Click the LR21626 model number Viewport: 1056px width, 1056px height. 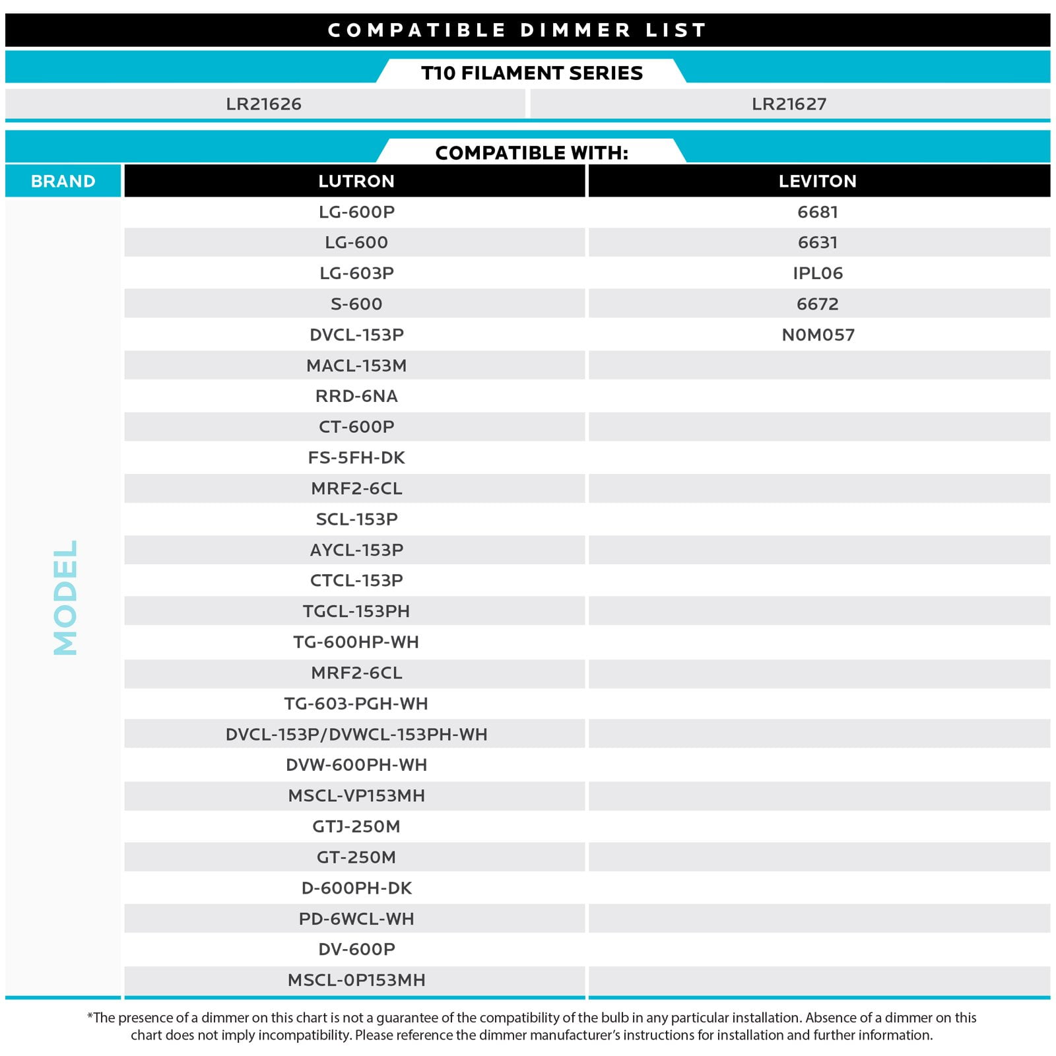point(263,104)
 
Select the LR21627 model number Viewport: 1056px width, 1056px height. point(789,104)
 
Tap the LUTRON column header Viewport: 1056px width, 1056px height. point(356,181)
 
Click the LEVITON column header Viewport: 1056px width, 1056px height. point(817,181)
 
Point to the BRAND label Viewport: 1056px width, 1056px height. point(63,181)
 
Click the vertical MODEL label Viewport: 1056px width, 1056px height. point(65,597)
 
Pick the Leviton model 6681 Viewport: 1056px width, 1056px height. point(817,212)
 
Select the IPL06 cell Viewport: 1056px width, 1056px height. point(817,273)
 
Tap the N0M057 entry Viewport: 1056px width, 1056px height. point(818,335)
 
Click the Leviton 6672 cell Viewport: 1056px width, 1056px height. point(817,304)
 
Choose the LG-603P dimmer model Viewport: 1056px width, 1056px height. point(356,273)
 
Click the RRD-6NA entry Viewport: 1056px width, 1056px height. point(356,396)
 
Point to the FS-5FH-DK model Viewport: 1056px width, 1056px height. point(356,457)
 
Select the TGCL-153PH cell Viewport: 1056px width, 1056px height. point(356,611)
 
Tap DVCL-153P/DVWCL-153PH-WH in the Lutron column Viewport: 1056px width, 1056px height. point(356,734)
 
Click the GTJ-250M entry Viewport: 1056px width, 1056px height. point(356,826)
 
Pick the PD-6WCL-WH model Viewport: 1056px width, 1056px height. point(356,919)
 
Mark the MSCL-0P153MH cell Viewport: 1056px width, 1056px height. point(356,980)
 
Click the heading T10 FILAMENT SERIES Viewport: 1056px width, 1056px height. point(531,73)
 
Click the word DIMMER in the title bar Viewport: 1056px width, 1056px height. point(575,30)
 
